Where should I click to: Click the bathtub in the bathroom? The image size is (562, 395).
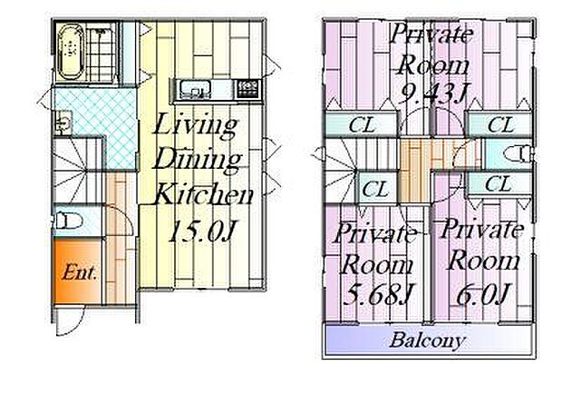[72, 52]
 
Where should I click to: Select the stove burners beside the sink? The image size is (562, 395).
[247, 89]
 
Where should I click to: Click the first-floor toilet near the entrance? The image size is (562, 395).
[68, 220]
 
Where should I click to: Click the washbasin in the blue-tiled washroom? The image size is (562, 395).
[63, 123]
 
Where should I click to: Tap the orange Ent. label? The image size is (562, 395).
[79, 272]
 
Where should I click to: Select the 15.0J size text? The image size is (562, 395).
[202, 232]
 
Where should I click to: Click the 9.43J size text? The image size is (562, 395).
[433, 94]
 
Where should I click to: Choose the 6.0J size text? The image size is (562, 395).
[483, 294]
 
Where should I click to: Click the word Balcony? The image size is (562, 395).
[427, 340]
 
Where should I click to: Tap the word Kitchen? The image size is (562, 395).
[204, 194]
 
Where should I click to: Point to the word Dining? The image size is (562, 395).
[199, 161]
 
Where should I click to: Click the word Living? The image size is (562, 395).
[195, 125]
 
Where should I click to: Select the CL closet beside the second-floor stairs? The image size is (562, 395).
[375, 189]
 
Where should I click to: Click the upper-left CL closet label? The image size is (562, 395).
[362, 125]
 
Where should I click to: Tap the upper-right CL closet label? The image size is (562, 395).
[500, 125]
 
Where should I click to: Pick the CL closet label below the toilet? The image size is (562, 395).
[499, 183]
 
